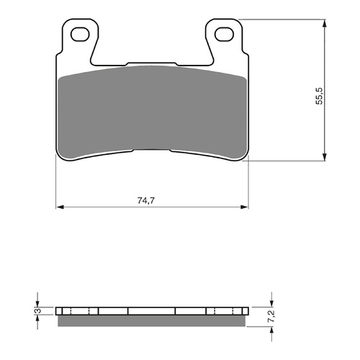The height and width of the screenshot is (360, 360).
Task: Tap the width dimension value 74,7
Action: pyautogui.click(x=151, y=200)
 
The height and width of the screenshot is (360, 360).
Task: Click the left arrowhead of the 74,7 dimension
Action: pyautogui.click(x=59, y=208)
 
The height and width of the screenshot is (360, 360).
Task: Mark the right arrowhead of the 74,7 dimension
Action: pyautogui.click(x=243, y=208)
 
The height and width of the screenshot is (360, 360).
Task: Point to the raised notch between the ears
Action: pyautogui.click(x=151, y=63)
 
